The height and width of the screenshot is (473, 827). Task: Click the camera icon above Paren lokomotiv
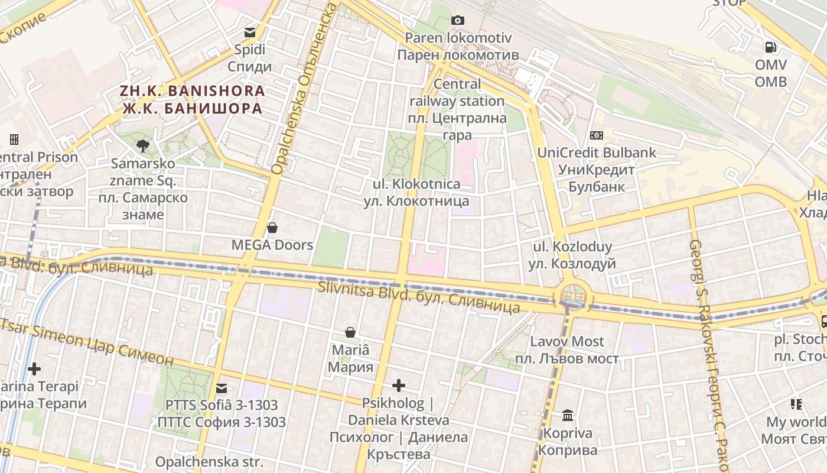pyautogui.click(x=457, y=21)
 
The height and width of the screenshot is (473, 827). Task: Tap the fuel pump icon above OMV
pyautogui.click(x=771, y=47)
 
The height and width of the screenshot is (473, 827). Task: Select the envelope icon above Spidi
pyautogui.click(x=250, y=32)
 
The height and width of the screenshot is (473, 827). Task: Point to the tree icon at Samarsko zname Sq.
pyautogui.click(x=142, y=145)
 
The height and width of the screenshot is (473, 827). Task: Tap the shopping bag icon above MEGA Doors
pyautogui.click(x=272, y=227)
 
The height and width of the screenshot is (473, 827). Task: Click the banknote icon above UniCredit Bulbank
pyautogui.click(x=597, y=135)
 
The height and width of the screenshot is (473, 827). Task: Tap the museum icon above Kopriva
pyautogui.click(x=568, y=415)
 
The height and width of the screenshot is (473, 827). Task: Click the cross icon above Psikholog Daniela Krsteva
pyautogui.click(x=399, y=386)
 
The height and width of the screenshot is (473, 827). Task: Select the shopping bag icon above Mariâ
pyautogui.click(x=350, y=332)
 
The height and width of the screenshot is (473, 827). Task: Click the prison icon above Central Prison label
pyautogui.click(x=14, y=140)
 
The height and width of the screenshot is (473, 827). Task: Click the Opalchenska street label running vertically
pyautogui.click(x=305, y=89)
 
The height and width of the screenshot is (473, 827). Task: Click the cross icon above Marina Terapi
pyautogui.click(x=34, y=369)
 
